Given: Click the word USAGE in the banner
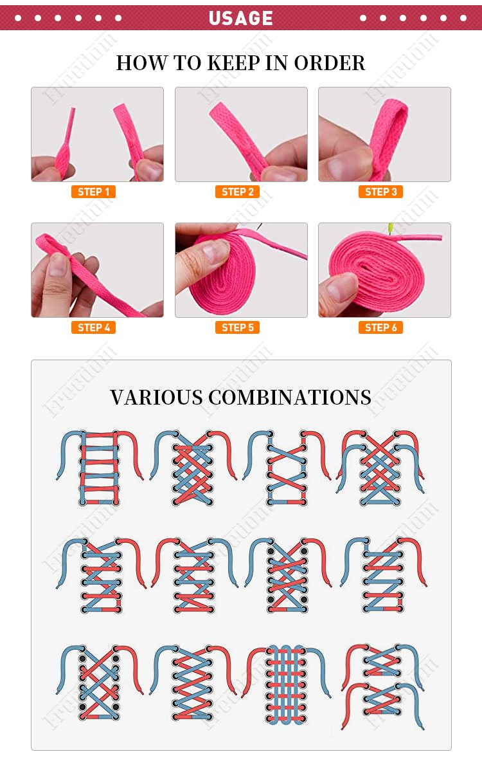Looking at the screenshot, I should [x=240, y=18].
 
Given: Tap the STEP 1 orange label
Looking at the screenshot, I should [x=93, y=192].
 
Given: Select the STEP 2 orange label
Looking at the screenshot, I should [x=237, y=192].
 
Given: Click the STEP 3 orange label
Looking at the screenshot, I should [x=380, y=192].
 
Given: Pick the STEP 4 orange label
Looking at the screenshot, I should [x=93, y=327].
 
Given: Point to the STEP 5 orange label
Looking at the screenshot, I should [x=237, y=327].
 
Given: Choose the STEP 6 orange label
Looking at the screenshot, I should [x=380, y=327].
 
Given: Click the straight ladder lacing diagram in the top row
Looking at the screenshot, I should [x=100, y=466].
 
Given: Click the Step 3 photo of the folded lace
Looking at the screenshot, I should [x=384, y=134].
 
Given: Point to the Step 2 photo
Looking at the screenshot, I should [x=241, y=134].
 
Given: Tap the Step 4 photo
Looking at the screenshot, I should [x=97, y=270].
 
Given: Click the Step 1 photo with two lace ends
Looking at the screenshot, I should [x=97, y=134].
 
